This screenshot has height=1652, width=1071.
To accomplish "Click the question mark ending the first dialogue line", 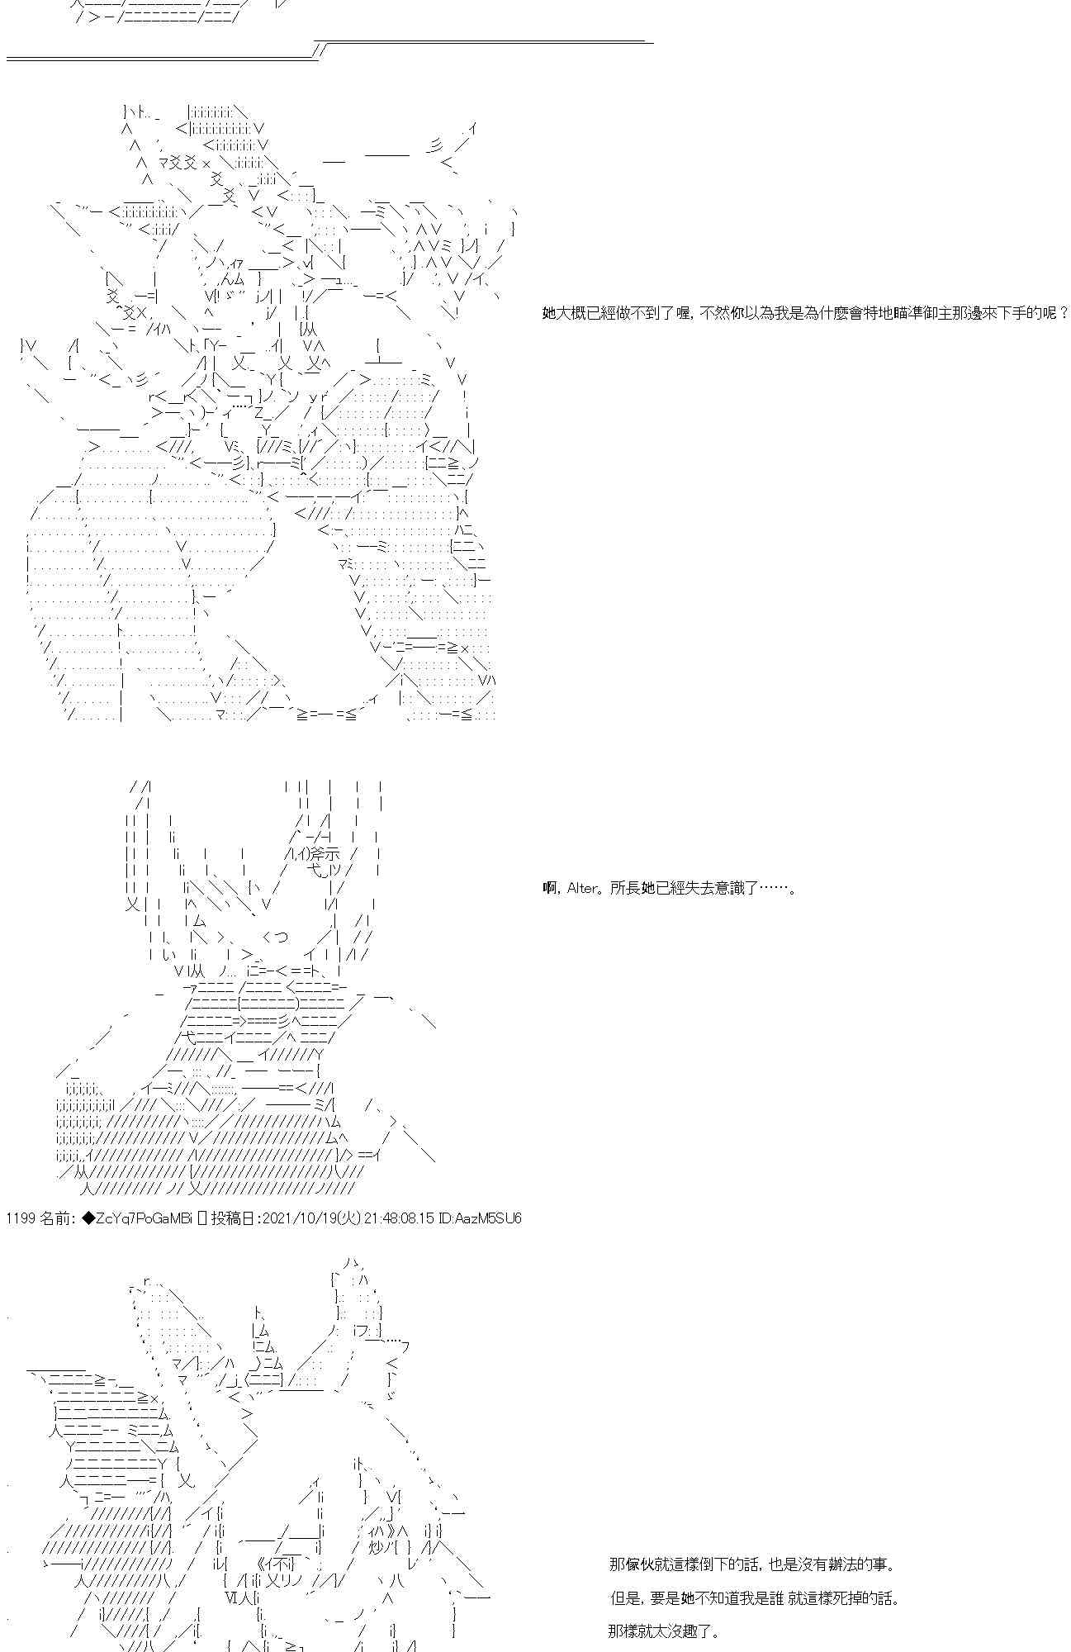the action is tap(1064, 313).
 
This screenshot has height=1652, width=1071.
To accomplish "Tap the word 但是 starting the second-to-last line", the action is tap(623, 1597).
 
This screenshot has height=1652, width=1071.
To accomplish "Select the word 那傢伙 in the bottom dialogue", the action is tap(629, 1564).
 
